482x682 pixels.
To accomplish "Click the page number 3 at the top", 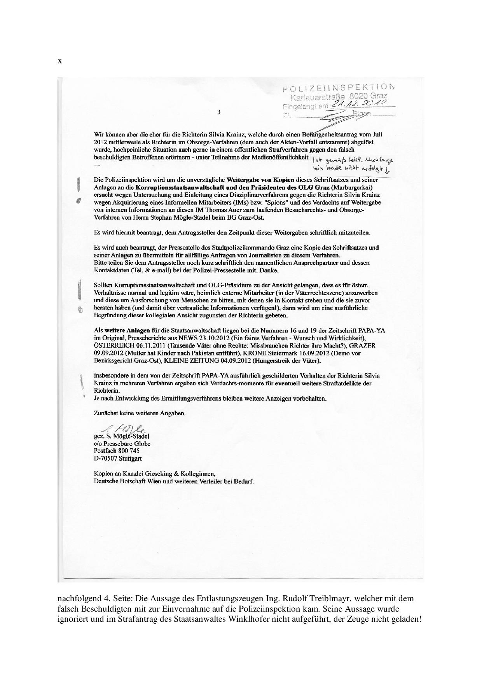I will pyautogui.click(x=219, y=112).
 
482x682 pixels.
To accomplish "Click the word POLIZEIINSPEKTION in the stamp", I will pyautogui.click(x=339, y=87).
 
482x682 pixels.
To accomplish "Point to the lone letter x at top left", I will pyautogui.click(x=60, y=61).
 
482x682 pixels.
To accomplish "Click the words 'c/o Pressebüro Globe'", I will pyautogui.click(x=122, y=443).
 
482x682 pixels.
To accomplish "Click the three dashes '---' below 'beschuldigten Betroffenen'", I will pyautogui.click(x=97, y=165).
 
